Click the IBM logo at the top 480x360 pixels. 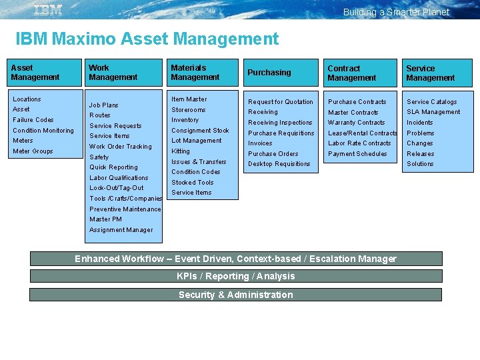coord(47,9)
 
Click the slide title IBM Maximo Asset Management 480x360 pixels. coord(147,39)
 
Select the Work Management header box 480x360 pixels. coord(125,73)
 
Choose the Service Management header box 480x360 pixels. coord(437,73)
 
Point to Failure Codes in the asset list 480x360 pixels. coord(33,120)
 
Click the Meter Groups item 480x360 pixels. coord(33,151)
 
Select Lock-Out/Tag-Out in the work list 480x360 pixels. coord(117,188)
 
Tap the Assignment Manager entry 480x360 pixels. coord(121,230)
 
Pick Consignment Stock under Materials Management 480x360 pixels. coord(200,131)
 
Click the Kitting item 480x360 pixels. coord(181,151)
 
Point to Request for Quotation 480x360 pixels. coord(281,102)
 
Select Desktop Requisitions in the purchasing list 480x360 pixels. coord(279,164)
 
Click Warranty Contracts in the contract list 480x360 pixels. coord(357,123)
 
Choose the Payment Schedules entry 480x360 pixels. coord(357,154)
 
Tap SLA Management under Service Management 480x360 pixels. coord(433,112)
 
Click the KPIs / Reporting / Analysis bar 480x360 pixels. coord(236,276)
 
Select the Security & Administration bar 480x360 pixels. coord(236,295)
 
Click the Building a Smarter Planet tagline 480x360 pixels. coord(396,12)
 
